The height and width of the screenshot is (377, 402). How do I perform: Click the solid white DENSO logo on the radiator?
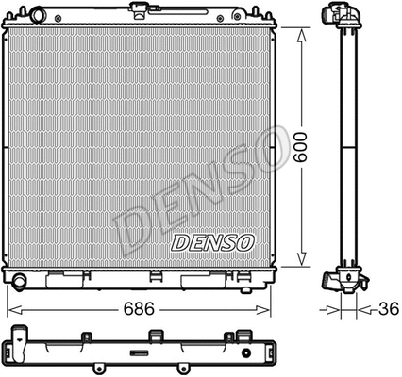click(212, 242)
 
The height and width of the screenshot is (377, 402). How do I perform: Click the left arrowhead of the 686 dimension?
click(11, 307)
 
